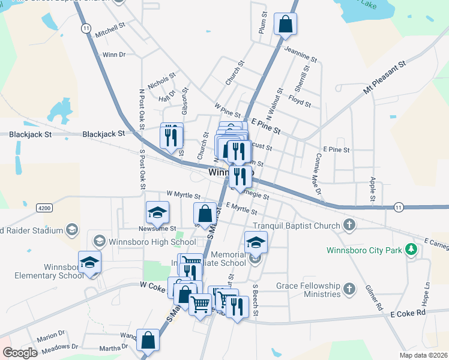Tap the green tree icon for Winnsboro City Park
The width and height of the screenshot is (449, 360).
(411, 248)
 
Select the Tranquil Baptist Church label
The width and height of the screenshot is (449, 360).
(297, 226)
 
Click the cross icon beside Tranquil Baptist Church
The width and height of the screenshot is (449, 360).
(349, 226)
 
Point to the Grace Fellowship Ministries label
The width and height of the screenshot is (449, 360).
(308, 290)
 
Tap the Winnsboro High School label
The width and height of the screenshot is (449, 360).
(144, 242)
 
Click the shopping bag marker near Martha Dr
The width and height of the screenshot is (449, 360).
(148, 341)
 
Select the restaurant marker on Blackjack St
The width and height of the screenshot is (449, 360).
(172, 137)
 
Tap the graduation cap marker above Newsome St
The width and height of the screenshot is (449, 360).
(157, 213)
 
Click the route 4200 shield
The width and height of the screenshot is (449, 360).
(44, 208)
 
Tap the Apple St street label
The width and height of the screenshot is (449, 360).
(372, 189)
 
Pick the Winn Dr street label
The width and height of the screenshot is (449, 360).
(113, 55)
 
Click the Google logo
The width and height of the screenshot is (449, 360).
(20, 353)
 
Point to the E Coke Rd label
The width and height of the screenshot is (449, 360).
(408, 313)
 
